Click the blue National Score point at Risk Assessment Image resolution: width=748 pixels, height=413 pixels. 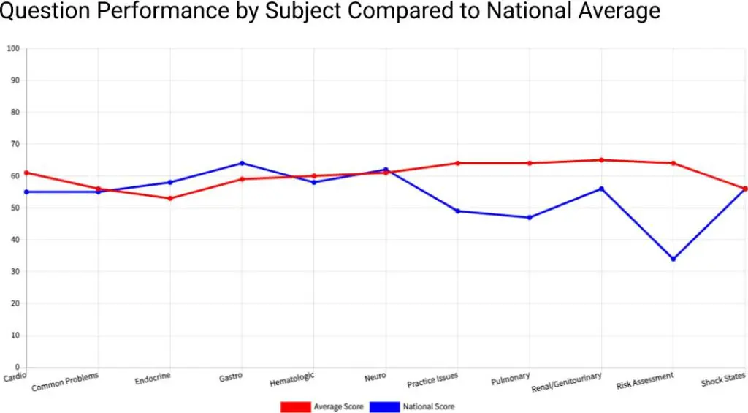673,259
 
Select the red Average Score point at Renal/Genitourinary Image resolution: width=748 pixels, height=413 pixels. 601,160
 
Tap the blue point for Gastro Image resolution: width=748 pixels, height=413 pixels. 242,163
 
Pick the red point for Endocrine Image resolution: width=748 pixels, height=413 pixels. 170,198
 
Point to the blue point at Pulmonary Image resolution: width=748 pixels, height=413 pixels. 530,217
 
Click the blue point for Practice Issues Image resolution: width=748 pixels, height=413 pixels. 457,211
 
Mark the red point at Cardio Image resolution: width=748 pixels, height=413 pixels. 27,173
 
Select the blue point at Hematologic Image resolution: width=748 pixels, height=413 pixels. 314,182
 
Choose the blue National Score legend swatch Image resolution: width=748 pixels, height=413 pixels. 385,406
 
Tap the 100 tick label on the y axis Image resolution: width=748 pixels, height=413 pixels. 12,49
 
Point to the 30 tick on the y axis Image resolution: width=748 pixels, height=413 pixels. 15,272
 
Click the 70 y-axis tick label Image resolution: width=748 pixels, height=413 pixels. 15,144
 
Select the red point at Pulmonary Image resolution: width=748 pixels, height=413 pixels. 530,163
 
